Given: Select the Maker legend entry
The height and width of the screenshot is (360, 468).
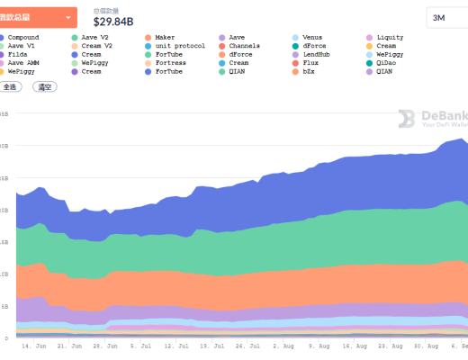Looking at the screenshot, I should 166,37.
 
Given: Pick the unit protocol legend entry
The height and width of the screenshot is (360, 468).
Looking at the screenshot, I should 179,45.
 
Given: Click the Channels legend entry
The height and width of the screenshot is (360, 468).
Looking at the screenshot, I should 244,45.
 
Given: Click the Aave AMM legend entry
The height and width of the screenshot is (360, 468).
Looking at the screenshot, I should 24,63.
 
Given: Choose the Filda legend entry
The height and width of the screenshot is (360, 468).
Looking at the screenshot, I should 19,54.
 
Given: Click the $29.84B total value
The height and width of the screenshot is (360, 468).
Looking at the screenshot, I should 113,22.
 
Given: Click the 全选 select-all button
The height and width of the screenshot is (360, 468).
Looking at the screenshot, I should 10,87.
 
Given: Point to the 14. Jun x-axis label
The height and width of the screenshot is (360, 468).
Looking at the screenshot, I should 33,345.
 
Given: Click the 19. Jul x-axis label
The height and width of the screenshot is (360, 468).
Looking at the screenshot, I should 212,345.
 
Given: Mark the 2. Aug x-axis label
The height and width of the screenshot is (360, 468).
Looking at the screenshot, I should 283,345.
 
